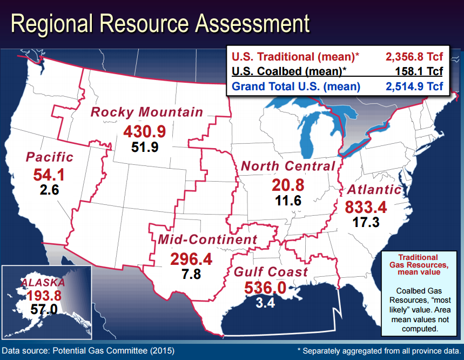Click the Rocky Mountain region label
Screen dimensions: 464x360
[x=147, y=112]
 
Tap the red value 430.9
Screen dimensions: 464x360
[x=145, y=132]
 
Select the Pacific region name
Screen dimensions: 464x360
[x=49, y=157]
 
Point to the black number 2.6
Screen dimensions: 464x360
[x=49, y=190]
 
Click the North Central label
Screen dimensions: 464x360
[x=288, y=166]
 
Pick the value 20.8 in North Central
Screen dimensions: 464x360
[x=288, y=185]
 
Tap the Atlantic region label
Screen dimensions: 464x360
[x=375, y=190]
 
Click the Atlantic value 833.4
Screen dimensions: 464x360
[x=366, y=207]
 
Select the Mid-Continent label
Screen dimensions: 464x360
[x=207, y=239]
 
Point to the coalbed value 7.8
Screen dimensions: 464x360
[x=191, y=274]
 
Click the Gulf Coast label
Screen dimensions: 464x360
[x=271, y=272]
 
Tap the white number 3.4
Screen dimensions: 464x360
[x=265, y=303]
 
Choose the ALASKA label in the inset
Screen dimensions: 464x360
[x=43, y=283]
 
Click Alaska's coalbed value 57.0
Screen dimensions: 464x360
[x=44, y=310]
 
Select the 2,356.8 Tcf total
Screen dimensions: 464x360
[x=414, y=57]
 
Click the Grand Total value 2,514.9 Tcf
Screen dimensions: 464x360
[x=414, y=86]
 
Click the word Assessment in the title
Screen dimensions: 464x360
[x=252, y=23]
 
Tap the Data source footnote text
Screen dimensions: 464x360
[x=88, y=351]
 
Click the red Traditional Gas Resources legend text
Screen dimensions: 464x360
[x=419, y=265]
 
